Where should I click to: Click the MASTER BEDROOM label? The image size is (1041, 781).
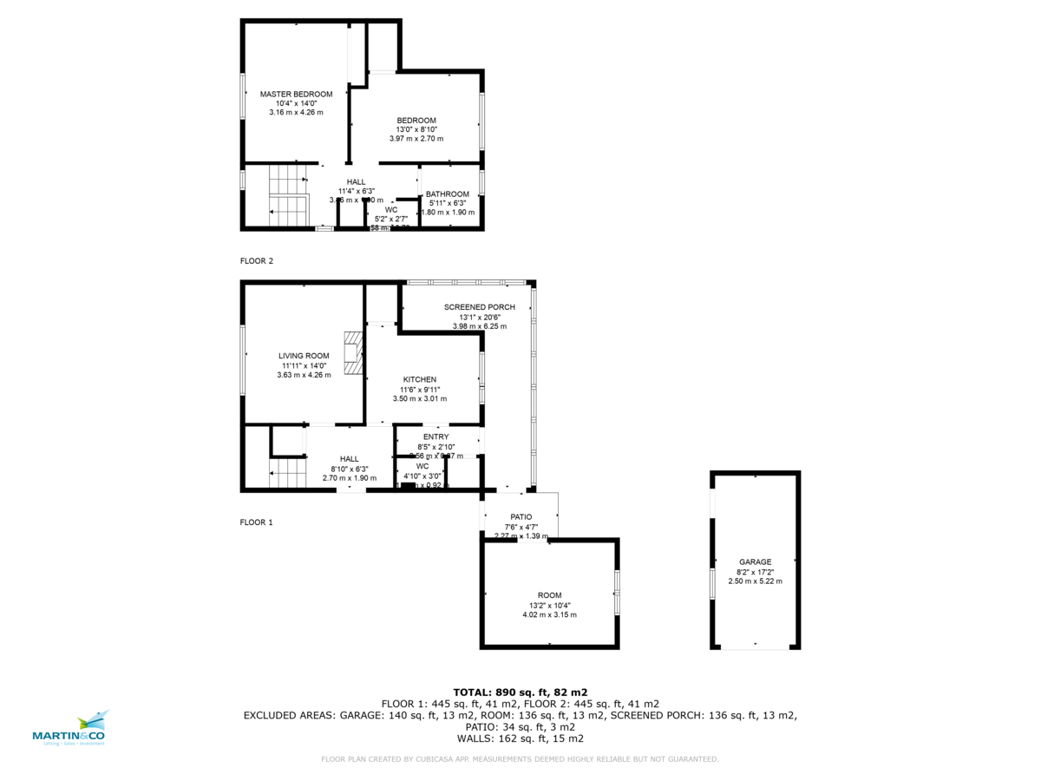click(296, 94)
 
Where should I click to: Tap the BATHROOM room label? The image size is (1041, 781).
click(447, 194)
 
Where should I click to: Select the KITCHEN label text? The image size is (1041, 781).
click(419, 379)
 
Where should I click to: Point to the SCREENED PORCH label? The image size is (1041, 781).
click(479, 307)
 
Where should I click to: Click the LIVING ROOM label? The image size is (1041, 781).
click(304, 355)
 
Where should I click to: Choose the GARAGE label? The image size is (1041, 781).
click(755, 561)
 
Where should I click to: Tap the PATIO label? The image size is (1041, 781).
click(520, 516)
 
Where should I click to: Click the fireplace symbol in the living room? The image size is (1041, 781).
click(351, 352)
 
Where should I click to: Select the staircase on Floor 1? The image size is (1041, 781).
click(288, 475)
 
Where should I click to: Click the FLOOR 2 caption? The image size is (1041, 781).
click(256, 260)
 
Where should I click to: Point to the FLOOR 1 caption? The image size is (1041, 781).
click(256, 522)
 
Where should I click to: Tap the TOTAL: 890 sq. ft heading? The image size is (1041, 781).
click(520, 692)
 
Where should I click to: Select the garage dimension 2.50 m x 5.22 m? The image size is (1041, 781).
click(755, 581)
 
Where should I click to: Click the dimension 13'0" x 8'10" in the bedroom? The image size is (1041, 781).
click(416, 129)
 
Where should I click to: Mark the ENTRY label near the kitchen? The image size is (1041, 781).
click(435, 436)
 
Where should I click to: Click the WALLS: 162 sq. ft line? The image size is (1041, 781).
click(520, 738)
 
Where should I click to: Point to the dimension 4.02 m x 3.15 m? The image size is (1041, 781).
click(549, 614)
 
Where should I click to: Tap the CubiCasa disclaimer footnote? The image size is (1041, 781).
click(520, 759)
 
